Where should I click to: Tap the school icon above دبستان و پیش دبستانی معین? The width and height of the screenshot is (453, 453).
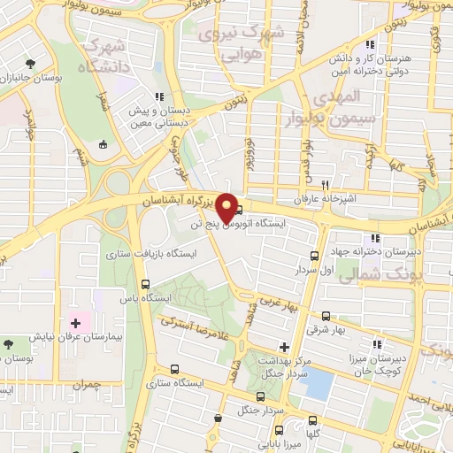pos(159,96)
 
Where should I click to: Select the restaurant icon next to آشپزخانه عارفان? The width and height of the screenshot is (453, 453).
pos(326,186)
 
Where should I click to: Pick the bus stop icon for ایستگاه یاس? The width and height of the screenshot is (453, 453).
pos(146,284)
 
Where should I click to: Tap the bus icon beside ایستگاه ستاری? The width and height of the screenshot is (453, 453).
pos(174,369)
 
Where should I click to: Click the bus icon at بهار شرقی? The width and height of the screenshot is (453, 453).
pos(326,315)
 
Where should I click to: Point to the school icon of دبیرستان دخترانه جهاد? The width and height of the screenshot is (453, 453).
pos(375,237)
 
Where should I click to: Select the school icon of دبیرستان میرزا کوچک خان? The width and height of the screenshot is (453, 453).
pos(378,344)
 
